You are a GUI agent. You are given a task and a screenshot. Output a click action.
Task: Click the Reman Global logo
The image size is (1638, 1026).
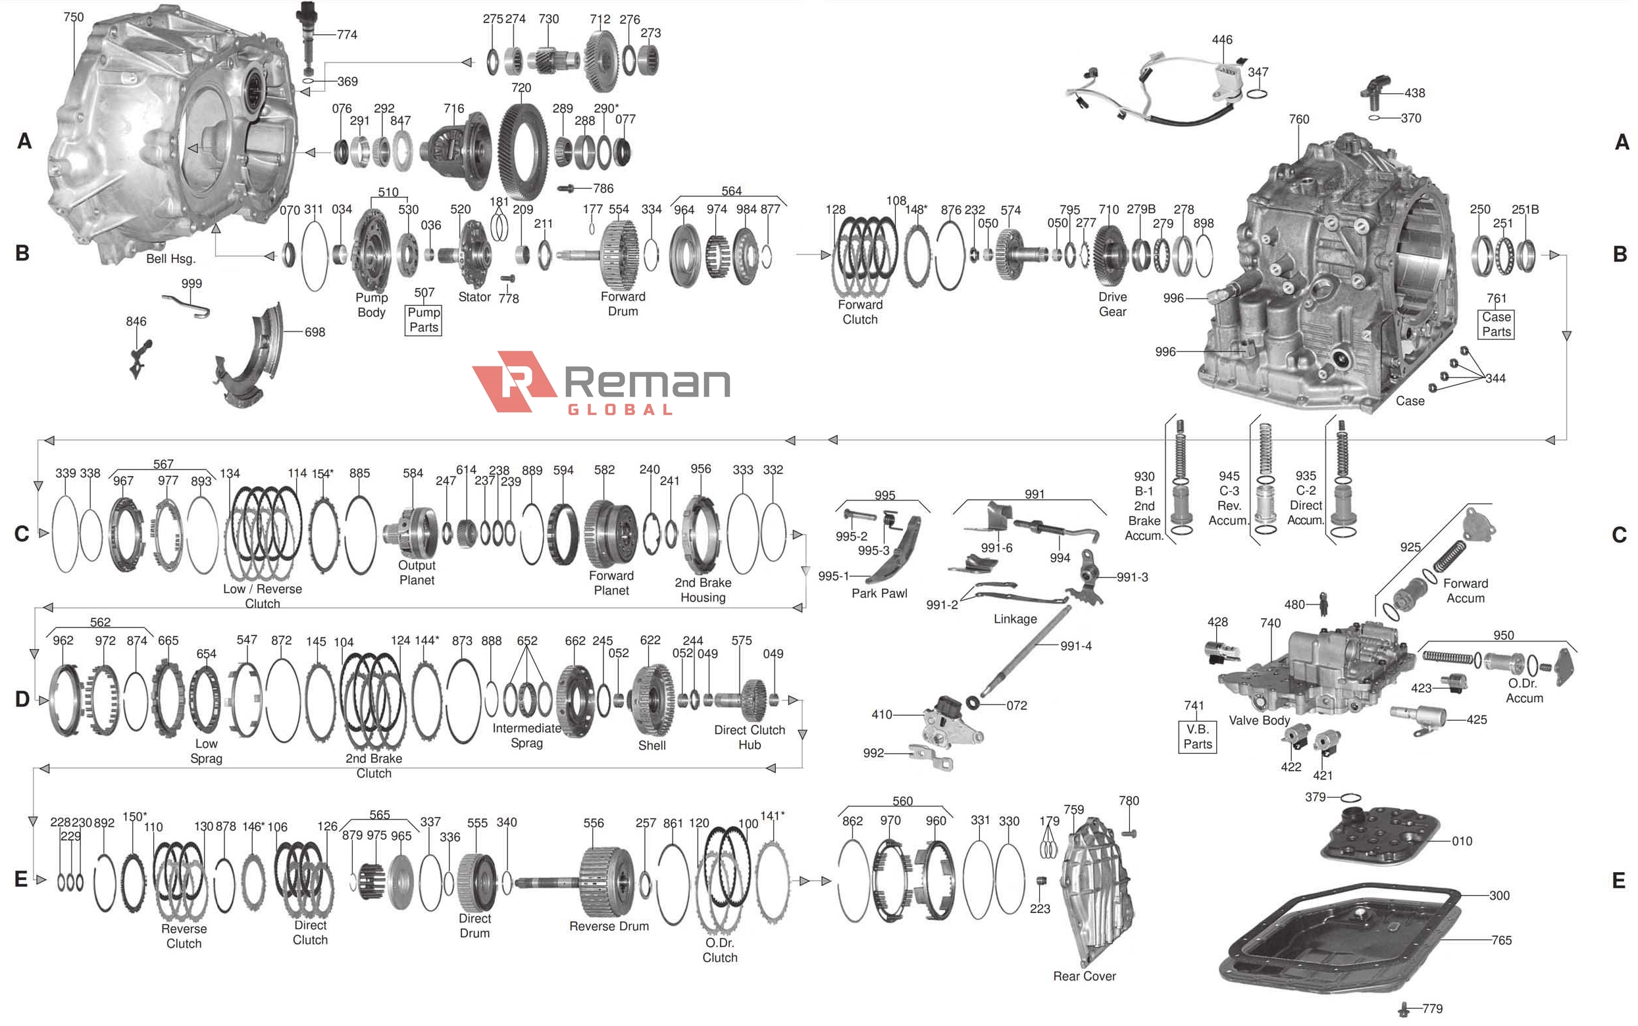coord(601,382)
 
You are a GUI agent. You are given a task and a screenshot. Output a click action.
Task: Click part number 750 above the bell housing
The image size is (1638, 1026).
coord(73,17)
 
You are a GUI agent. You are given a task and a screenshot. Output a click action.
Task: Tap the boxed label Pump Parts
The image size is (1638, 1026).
coord(424,320)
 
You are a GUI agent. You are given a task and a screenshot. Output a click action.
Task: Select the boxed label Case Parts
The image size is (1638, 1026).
coord(1496,324)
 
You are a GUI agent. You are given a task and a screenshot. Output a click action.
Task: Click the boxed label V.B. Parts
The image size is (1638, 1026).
coord(1198,737)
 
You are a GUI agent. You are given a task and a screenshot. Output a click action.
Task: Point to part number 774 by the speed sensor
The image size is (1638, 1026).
coord(347,35)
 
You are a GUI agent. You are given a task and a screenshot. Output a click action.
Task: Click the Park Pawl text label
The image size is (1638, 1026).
coord(879,594)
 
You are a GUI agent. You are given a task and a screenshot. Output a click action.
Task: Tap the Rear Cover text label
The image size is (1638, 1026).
coord(1084,977)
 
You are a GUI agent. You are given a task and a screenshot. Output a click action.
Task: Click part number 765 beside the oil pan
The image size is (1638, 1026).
coord(1501,940)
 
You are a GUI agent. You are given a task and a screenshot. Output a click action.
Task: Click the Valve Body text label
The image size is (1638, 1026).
coord(1258,721)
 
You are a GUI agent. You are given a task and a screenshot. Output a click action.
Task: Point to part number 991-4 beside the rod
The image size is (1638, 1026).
coord(1076,646)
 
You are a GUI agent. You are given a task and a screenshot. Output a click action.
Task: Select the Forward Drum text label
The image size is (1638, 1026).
coord(623,304)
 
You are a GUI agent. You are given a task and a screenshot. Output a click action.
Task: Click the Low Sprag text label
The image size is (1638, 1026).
coord(207,751)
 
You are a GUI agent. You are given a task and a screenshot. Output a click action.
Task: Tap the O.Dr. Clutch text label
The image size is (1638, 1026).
coord(719,950)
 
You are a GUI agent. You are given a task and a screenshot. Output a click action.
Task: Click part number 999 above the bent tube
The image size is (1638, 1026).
coord(192,283)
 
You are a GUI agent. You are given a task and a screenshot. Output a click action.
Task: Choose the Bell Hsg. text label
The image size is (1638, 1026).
coord(170,258)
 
